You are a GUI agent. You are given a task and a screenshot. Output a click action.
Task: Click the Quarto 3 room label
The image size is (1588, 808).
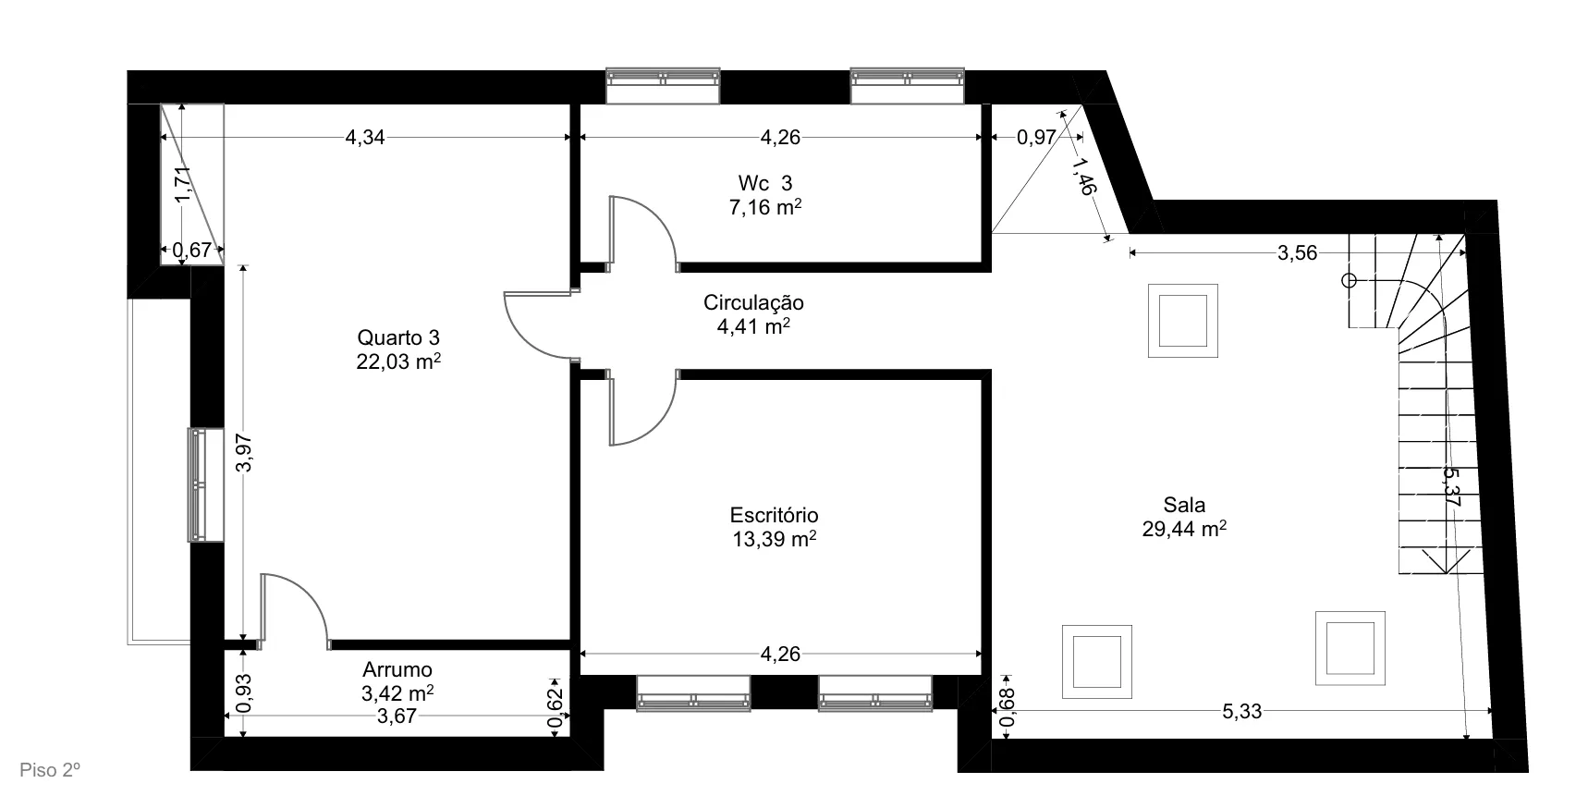(398, 337)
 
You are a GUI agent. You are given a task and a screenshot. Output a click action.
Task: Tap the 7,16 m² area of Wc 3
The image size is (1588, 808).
(765, 207)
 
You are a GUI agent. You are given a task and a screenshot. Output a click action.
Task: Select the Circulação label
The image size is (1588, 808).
(753, 302)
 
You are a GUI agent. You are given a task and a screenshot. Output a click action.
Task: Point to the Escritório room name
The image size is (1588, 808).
(774, 515)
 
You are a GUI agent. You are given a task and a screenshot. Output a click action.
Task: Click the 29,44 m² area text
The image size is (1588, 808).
(1184, 529)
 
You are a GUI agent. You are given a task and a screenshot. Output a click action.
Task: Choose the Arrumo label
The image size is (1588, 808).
(397, 669)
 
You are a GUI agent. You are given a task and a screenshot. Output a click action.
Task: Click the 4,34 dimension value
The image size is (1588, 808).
(365, 138)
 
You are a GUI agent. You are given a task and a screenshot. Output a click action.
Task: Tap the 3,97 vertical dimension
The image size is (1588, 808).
(243, 453)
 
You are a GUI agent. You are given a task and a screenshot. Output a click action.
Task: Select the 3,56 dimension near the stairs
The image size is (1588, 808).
(1297, 252)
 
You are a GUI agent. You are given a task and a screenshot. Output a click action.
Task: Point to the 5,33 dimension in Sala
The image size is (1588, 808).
(1241, 712)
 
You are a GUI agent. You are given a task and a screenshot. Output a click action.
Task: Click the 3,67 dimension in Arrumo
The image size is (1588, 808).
(397, 716)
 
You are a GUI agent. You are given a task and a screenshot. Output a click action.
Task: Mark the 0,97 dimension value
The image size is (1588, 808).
(1036, 138)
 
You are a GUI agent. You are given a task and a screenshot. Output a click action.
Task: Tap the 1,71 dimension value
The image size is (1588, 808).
(183, 183)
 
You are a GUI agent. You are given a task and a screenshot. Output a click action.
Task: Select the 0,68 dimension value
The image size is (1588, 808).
(1008, 707)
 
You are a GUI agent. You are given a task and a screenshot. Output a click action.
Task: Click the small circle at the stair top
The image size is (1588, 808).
(1349, 280)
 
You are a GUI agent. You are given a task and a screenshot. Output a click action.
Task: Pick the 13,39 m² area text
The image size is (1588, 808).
(774, 539)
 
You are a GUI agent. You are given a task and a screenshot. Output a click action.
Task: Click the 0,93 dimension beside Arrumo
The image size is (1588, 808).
(243, 692)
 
